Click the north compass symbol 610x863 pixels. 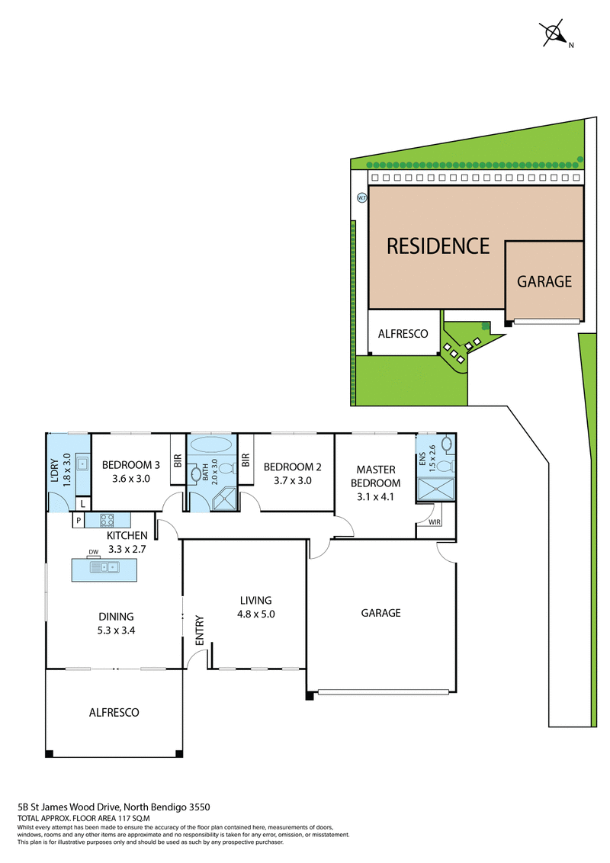(x=554, y=33)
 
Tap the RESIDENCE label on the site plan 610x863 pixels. (x=438, y=246)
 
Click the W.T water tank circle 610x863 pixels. (x=361, y=197)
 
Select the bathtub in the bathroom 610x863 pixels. (x=211, y=444)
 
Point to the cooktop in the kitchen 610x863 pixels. (x=107, y=520)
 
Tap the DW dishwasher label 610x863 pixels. (x=94, y=552)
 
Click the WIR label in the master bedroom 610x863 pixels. (x=435, y=521)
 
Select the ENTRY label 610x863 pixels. (x=199, y=630)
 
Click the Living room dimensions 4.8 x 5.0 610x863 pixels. (x=256, y=614)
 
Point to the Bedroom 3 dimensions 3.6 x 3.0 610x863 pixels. (x=131, y=479)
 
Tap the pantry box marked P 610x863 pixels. (x=79, y=520)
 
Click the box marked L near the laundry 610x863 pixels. (x=82, y=504)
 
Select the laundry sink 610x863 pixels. (x=82, y=464)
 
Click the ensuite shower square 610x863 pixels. (x=436, y=489)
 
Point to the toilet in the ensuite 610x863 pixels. (x=446, y=467)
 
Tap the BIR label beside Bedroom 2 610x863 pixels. (x=246, y=460)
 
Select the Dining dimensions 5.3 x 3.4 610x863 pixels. (x=116, y=630)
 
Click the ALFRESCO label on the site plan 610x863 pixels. (x=403, y=333)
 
